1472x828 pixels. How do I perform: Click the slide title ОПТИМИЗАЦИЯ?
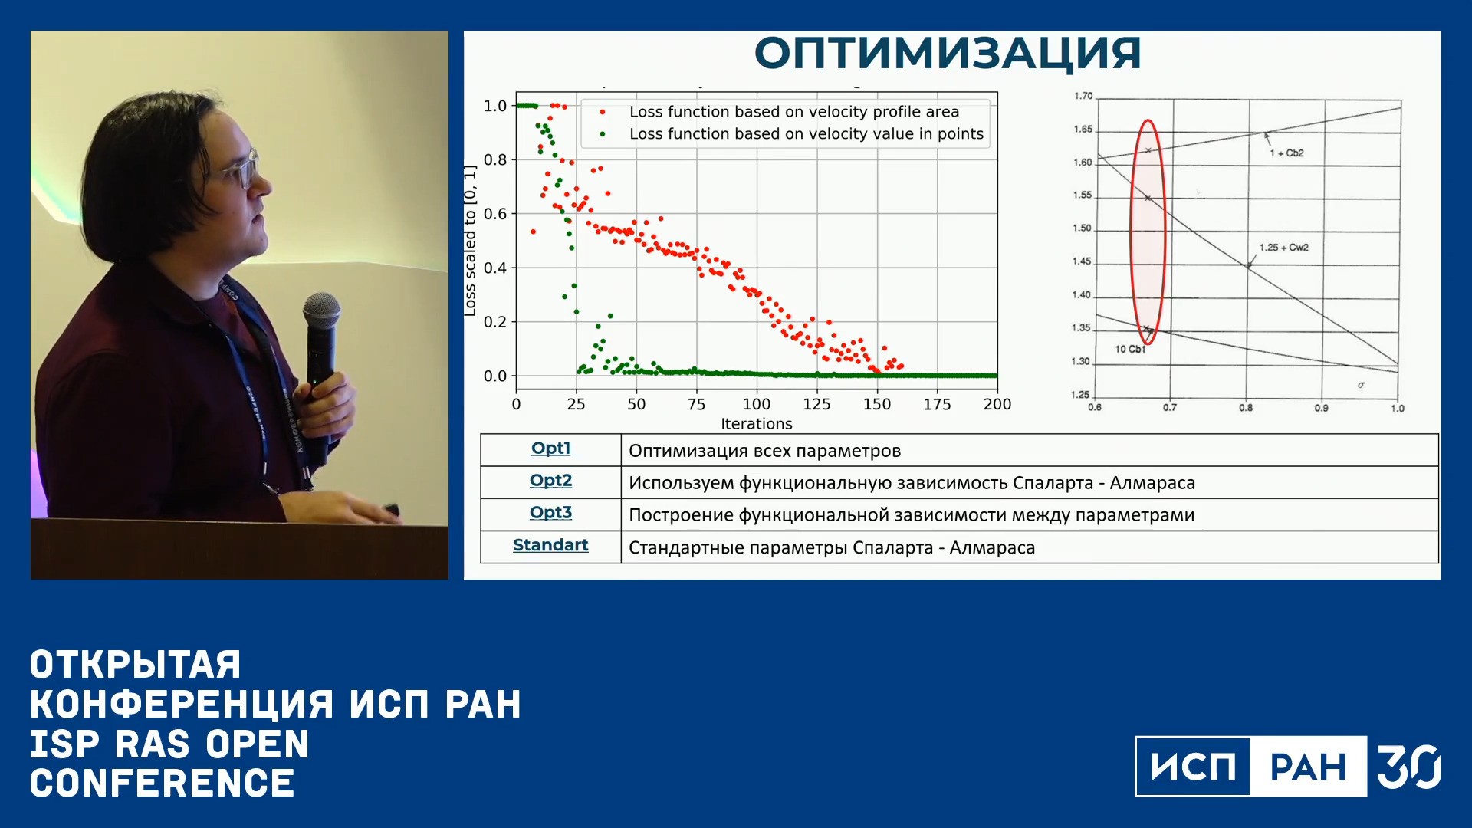[x=948, y=53]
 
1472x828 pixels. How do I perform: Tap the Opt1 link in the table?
[x=550, y=449]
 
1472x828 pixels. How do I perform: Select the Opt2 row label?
[x=550, y=481]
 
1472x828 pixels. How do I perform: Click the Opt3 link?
[x=550, y=513]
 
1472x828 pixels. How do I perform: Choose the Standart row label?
[x=550, y=545]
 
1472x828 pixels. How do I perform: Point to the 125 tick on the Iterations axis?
[x=816, y=404]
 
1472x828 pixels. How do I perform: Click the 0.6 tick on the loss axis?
[x=495, y=214]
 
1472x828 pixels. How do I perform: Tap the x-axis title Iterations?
[x=757, y=423]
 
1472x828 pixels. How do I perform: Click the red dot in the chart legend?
[x=603, y=112]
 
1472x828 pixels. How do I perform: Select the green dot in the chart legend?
[x=603, y=134]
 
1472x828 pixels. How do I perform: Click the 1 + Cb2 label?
[x=1286, y=153]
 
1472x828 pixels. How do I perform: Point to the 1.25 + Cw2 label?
[x=1284, y=248]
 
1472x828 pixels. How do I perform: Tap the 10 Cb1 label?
[x=1130, y=349]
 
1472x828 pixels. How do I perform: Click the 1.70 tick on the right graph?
[x=1083, y=96]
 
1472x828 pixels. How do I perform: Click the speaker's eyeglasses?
[x=241, y=169]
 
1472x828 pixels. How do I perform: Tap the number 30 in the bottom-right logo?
[x=1408, y=767]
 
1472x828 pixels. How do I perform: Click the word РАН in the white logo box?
[x=1308, y=767]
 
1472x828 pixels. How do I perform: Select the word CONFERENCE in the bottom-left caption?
[x=163, y=784]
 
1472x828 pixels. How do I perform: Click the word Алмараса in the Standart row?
[x=992, y=547]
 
